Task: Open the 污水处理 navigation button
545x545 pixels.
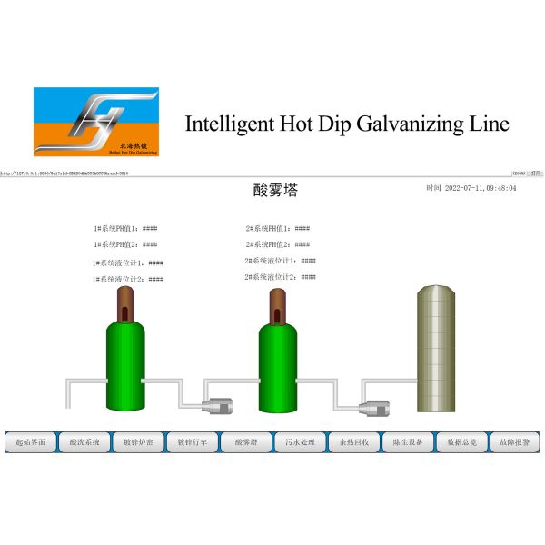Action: click(x=300, y=442)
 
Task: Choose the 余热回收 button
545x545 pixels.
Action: click(x=353, y=442)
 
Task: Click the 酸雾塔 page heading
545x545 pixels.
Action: click(x=274, y=191)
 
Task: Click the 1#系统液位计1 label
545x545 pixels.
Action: click(x=120, y=263)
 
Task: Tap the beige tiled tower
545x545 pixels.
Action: click(x=439, y=349)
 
